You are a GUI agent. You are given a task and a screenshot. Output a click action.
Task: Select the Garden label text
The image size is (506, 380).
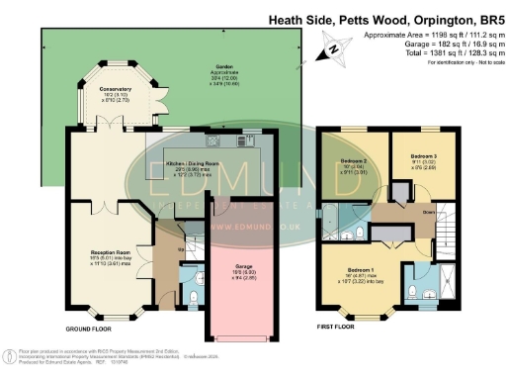[229, 68]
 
